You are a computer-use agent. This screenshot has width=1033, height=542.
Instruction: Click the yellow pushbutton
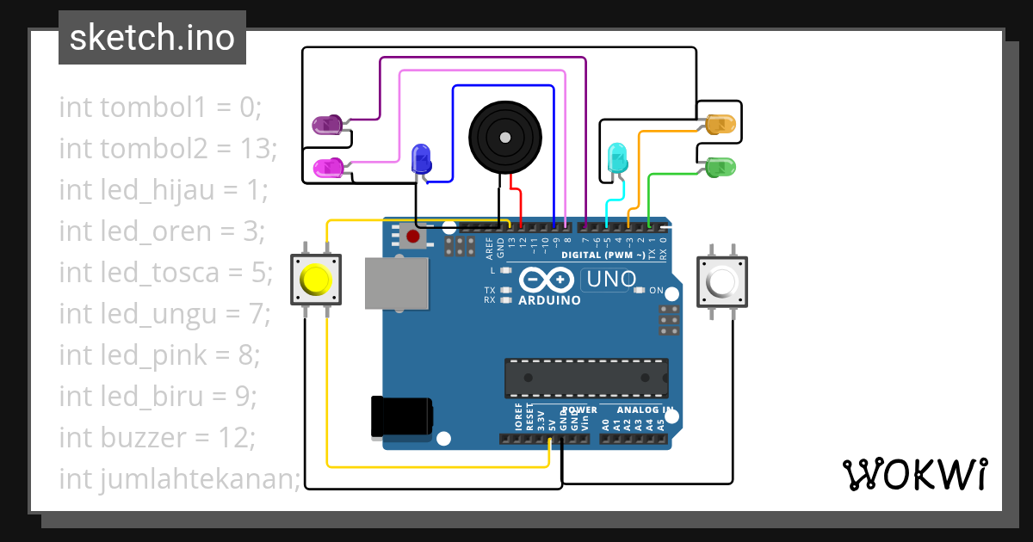(x=315, y=280)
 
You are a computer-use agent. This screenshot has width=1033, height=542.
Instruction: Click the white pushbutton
(x=721, y=280)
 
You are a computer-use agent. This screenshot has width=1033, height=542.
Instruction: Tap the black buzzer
(x=505, y=136)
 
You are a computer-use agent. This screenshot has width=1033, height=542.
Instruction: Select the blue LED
(x=422, y=157)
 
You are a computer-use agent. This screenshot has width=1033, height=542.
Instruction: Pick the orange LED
(x=719, y=125)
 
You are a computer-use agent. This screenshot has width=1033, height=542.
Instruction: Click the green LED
(x=719, y=167)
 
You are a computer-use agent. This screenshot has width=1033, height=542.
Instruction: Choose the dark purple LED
(x=327, y=126)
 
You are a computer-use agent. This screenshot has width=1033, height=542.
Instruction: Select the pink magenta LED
(x=328, y=168)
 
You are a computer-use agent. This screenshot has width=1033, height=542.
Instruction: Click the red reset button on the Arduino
(x=413, y=236)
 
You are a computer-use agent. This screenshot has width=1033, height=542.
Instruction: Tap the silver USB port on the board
(x=396, y=283)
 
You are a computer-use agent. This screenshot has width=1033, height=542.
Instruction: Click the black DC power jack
(x=400, y=416)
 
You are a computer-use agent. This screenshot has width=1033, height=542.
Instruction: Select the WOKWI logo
(x=914, y=474)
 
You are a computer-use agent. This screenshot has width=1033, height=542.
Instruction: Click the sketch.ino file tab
(x=152, y=38)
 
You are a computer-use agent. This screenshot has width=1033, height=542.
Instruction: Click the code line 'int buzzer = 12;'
(x=158, y=437)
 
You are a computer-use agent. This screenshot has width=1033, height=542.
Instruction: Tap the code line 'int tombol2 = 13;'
(x=168, y=148)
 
